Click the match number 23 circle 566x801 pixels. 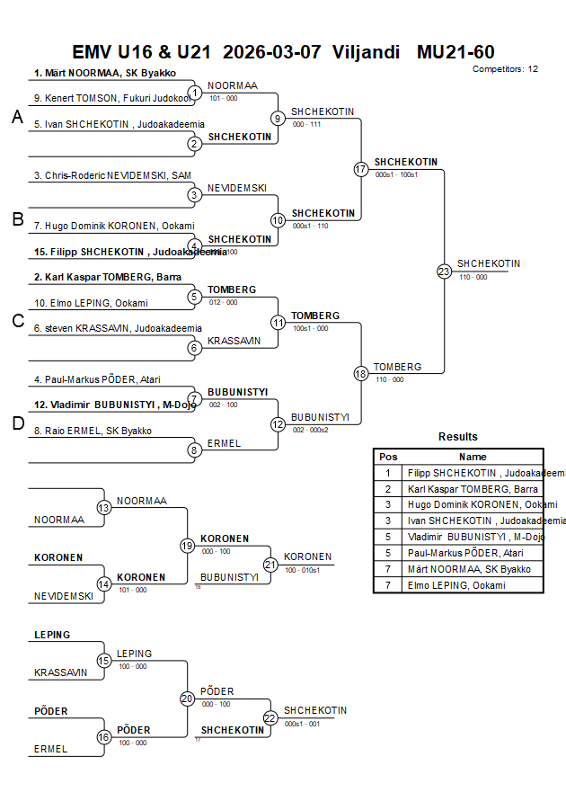[444, 271]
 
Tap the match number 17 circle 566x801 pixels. [361, 169]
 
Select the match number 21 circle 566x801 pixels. [270, 564]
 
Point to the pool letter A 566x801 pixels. [17, 117]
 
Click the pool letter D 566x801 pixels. [17, 423]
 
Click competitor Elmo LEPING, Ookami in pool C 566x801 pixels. [91, 303]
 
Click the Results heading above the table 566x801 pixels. [458, 437]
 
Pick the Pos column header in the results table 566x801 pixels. [388, 457]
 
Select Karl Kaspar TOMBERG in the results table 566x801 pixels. [472, 488]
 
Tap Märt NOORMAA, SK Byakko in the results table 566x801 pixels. [469, 569]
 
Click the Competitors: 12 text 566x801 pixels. [505, 68]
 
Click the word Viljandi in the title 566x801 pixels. [366, 52]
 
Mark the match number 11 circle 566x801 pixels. [279, 322]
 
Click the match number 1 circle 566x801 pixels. [194, 92]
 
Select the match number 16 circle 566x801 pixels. [104, 737]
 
